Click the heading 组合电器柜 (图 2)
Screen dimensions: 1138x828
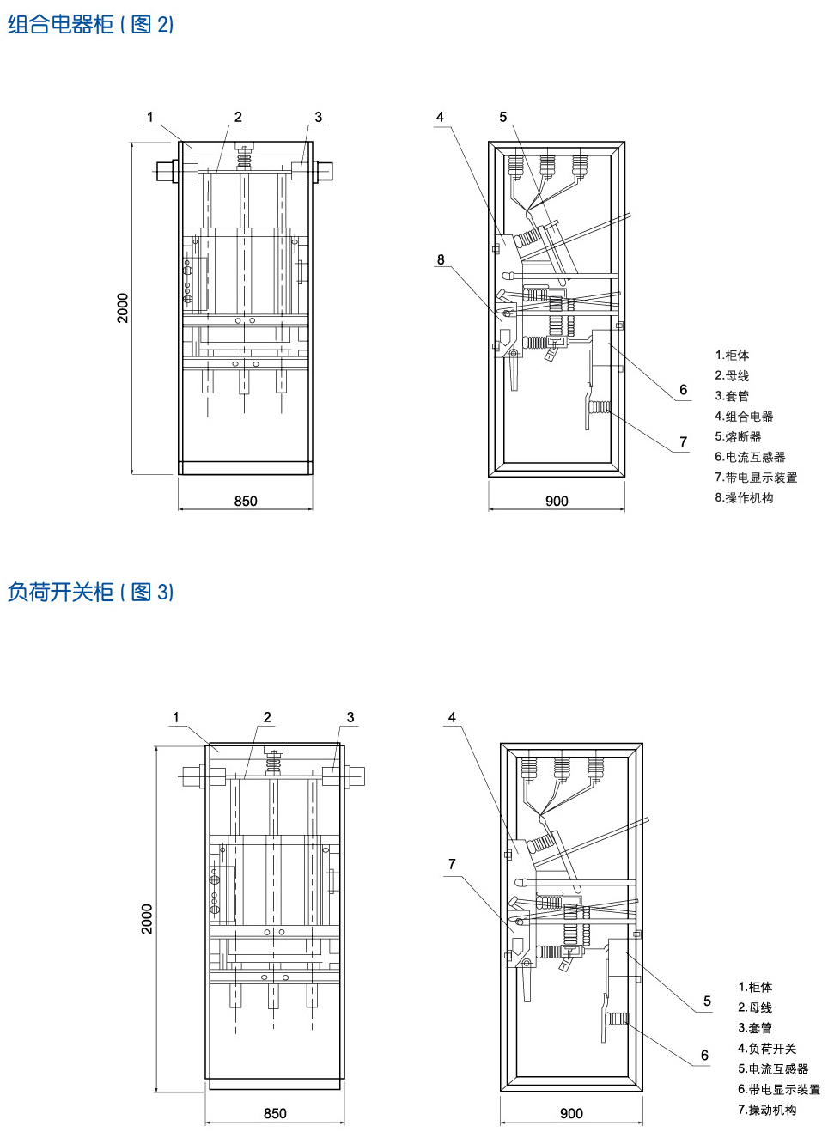point(90,24)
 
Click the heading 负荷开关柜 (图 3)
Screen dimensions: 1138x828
point(90,592)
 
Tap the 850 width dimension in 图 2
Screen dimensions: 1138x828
point(246,501)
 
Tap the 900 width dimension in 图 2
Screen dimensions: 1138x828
point(557,501)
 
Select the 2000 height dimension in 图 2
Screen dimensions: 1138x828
point(123,308)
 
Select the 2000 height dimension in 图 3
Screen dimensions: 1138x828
point(147,919)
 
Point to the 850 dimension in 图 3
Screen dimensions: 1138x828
point(275,1113)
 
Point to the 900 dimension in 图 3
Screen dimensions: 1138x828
point(571,1113)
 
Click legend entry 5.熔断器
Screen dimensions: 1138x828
point(738,436)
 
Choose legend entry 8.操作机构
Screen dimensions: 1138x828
point(744,498)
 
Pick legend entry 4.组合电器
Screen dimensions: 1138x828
point(744,417)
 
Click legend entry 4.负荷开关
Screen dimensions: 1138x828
point(766,1049)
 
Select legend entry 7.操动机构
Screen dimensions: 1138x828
point(766,1110)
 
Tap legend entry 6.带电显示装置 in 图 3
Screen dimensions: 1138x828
point(778,1089)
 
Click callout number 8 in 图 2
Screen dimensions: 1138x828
point(441,259)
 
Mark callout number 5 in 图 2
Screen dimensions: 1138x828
point(503,117)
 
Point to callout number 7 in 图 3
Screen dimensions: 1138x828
point(452,864)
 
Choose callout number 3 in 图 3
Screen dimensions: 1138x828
point(350,717)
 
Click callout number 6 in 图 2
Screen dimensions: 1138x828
point(684,390)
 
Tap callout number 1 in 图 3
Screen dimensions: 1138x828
point(176,717)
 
